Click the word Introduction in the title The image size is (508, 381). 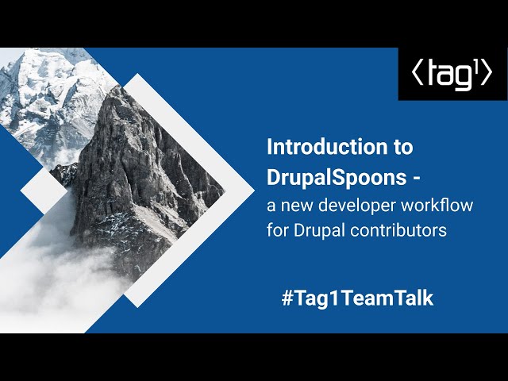(327, 147)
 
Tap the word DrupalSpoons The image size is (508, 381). (337, 178)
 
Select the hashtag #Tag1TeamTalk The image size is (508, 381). (357, 298)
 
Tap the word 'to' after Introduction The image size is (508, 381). (403, 148)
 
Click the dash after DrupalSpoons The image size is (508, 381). (416, 179)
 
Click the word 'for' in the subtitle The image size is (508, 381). (278, 230)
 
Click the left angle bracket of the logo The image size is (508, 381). (418, 74)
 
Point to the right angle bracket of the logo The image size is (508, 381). (487, 74)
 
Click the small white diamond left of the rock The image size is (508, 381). (44, 191)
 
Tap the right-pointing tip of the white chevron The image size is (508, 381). (254, 190)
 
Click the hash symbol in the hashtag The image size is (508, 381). (287, 298)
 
